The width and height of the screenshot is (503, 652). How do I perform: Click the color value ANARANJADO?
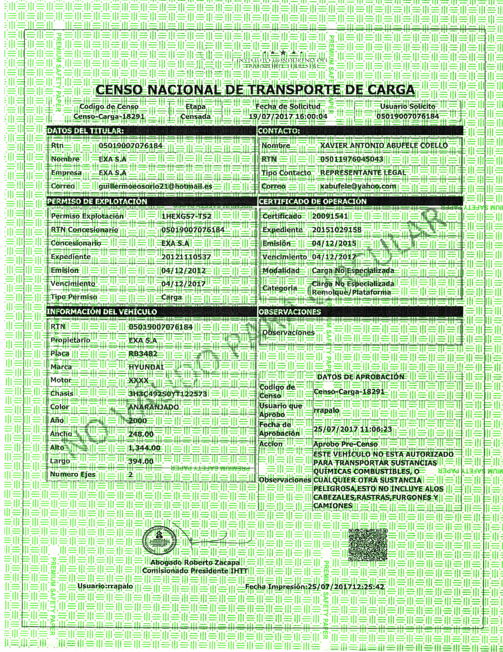pyautogui.click(x=153, y=407)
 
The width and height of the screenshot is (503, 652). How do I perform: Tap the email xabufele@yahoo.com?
pyautogui.click(x=358, y=186)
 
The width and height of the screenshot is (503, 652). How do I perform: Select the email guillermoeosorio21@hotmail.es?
pyautogui.click(x=155, y=186)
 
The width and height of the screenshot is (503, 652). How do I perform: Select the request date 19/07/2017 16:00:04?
pyautogui.click(x=288, y=116)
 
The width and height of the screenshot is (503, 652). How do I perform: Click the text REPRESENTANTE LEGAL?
pyautogui.click(x=363, y=172)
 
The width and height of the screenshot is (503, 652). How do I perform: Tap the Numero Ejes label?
pyautogui.click(x=73, y=474)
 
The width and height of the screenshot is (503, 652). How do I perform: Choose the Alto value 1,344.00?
pyautogui.click(x=144, y=448)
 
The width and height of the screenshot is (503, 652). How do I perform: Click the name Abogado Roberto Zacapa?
pyautogui.click(x=195, y=563)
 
